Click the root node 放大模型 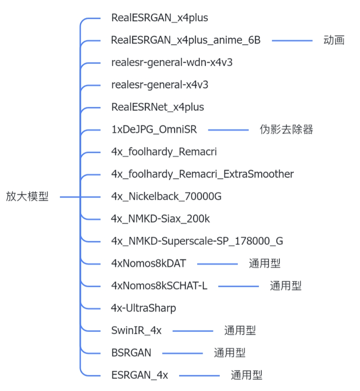coord(27,197)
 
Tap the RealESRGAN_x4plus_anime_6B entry coord(185,40)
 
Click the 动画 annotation coord(334,40)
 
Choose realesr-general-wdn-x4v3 coord(172,62)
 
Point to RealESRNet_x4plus coord(157,107)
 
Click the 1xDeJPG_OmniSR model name coord(153,130)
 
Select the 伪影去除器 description coord(286,130)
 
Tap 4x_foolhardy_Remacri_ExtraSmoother coord(202,174)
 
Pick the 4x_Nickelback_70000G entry coord(166,197)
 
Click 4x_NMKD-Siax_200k coord(160,219)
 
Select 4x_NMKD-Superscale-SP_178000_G coord(197,241)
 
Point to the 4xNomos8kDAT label coord(148,263)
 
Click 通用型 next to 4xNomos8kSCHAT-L coord(286,285)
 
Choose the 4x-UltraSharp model coord(143,308)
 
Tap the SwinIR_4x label coord(136,331)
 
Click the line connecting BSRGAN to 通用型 coord(182,353)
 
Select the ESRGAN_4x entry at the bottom coord(139,375)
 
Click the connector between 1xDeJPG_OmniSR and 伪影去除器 coord(228,130)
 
